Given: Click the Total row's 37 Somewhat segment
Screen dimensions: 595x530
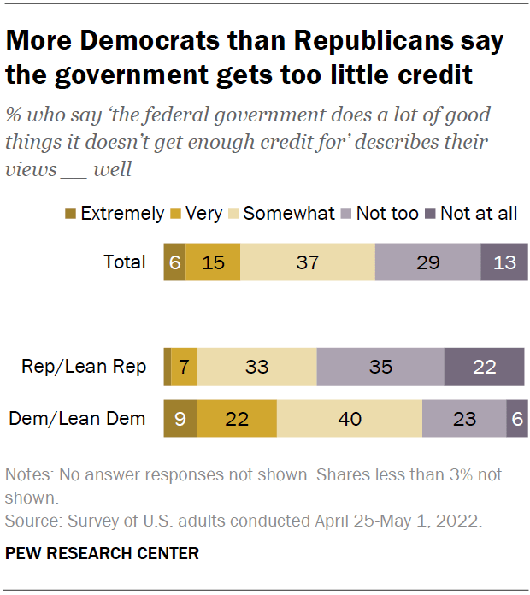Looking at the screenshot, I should (x=307, y=262).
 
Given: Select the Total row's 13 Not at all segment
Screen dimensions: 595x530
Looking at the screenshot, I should (x=504, y=262).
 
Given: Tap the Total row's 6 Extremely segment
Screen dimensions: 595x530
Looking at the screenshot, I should (x=174, y=262).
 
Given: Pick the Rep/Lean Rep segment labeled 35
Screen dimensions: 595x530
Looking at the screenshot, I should (x=380, y=367).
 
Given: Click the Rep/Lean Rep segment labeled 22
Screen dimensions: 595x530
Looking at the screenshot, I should (x=484, y=367).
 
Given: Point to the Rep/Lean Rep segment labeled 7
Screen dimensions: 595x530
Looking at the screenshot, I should (x=185, y=367).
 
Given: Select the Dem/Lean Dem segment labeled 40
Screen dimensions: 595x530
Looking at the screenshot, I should (x=349, y=419).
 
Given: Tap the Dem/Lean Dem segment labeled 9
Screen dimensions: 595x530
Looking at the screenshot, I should (x=180, y=419).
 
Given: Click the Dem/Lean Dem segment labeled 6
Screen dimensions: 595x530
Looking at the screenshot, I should (x=516, y=419).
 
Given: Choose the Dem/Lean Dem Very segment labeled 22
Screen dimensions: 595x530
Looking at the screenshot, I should (x=237, y=419).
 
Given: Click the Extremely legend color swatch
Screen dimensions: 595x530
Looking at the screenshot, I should (x=71, y=214).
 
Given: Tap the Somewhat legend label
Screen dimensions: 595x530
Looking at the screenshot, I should (x=289, y=214).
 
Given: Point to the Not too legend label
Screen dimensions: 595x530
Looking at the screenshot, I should (x=387, y=214).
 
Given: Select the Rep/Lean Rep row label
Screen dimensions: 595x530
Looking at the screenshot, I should (x=84, y=367).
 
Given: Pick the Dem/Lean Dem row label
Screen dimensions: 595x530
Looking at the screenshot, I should (x=77, y=419).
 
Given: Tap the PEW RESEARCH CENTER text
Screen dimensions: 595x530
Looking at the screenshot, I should (x=102, y=554).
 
